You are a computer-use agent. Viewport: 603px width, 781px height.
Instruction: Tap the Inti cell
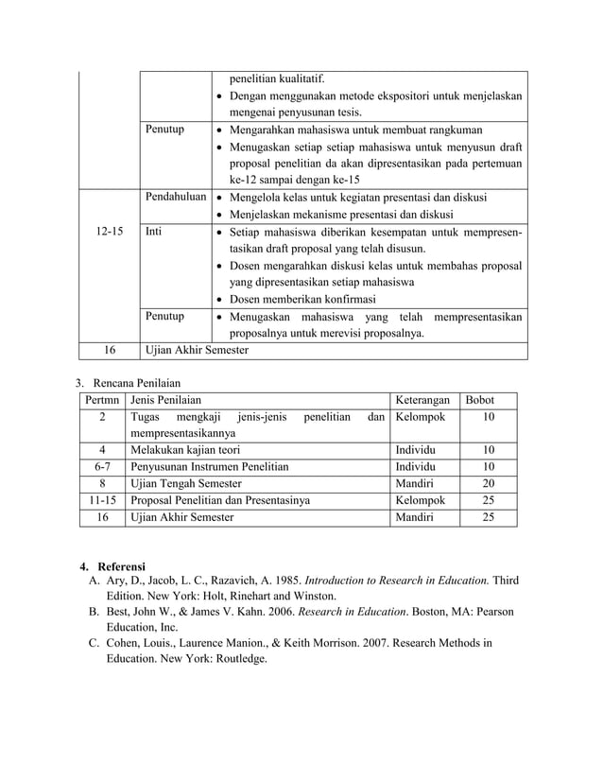pos(155,231)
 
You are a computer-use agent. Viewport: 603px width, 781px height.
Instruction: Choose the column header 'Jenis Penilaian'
pos(166,400)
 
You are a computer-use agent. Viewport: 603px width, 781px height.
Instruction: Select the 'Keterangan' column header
pos(422,400)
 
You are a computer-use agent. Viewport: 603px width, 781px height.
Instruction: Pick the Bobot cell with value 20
pos(488,484)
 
